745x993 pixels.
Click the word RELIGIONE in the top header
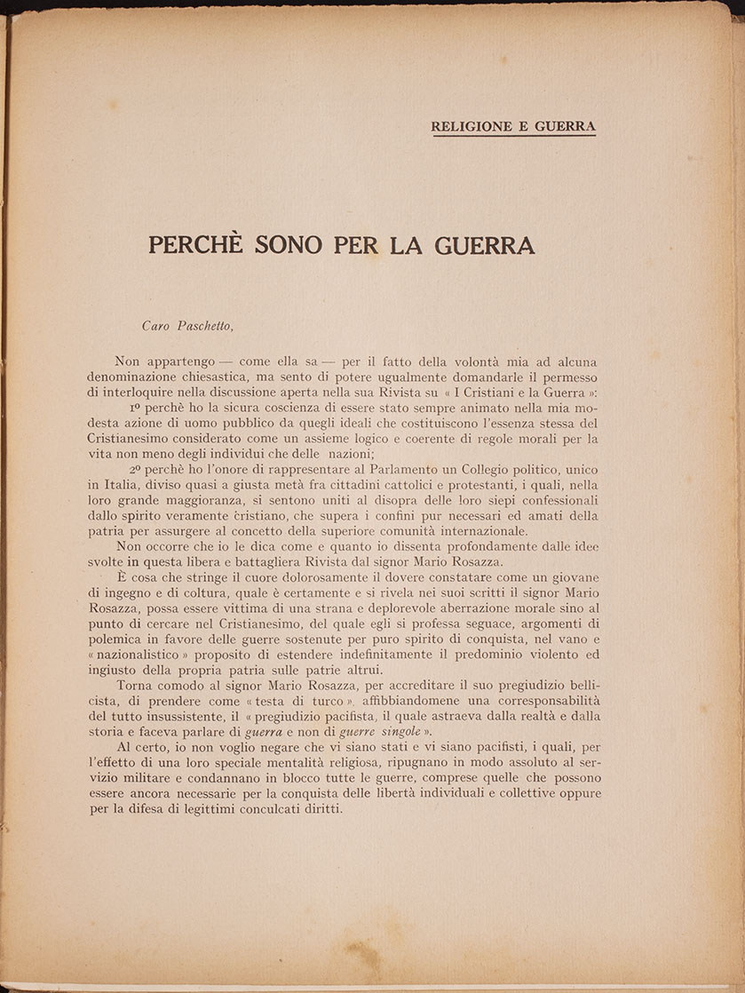click(472, 126)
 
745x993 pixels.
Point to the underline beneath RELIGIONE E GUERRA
click(513, 136)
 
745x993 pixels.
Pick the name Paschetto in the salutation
click(202, 325)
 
